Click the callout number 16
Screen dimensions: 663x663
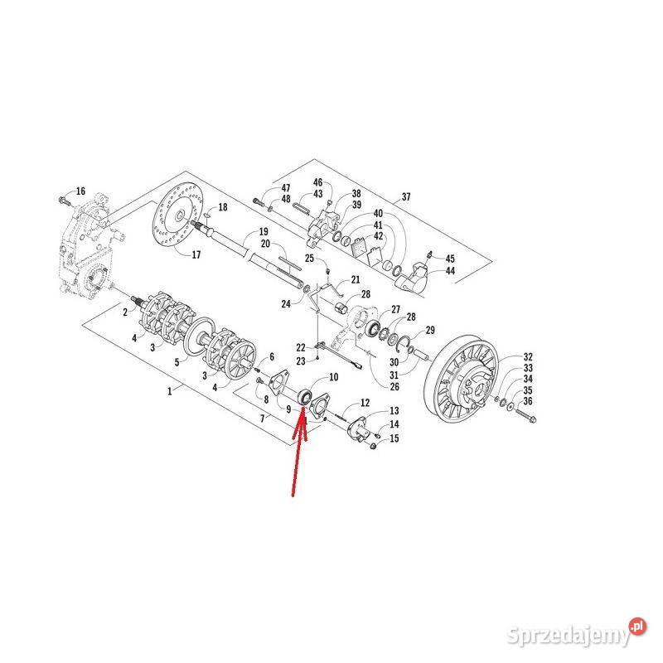[80, 191]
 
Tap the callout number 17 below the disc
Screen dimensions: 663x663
[196, 254]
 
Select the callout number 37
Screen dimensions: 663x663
[406, 197]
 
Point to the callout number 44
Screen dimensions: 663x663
[450, 271]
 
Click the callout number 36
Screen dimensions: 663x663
[176, 362]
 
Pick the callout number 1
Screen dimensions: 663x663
[170, 390]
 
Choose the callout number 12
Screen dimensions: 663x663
[363, 403]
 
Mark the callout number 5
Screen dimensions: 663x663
[176, 362]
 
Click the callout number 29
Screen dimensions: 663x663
[430, 331]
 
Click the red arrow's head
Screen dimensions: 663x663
[304, 410]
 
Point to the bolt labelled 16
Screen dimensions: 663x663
[63, 200]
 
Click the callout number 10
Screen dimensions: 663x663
[334, 377]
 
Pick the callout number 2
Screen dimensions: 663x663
[125, 312]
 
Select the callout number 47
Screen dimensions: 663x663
[286, 189]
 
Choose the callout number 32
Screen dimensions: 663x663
[528, 357]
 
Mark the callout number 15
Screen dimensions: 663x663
[394, 438]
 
